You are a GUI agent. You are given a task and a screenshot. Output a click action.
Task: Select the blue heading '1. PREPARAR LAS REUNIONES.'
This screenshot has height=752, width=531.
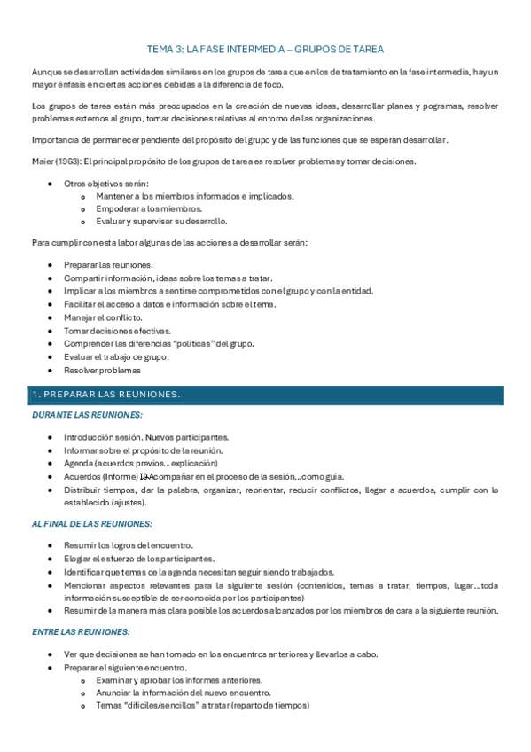pos(105,394)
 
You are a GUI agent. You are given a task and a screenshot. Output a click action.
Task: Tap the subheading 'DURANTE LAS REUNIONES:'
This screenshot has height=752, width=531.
pos(87,414)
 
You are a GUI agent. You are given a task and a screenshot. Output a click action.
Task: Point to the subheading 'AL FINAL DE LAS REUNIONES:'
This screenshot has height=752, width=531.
pos(91,523)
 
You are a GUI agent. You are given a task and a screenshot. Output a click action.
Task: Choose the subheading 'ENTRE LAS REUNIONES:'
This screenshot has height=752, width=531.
pos(81,631)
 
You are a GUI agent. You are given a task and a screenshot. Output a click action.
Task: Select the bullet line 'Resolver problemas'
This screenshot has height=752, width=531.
pos(102,370)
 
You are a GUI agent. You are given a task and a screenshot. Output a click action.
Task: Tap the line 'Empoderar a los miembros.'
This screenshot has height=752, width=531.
pos(149,208)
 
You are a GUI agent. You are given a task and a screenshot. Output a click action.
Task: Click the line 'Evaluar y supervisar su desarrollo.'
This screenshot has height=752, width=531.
pos(161,221)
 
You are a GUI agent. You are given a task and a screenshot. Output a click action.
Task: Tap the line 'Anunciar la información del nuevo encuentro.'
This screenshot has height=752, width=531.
pos(184,693)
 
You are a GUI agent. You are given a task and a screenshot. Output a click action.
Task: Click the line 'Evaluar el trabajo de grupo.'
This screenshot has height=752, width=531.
pos(116,356)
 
